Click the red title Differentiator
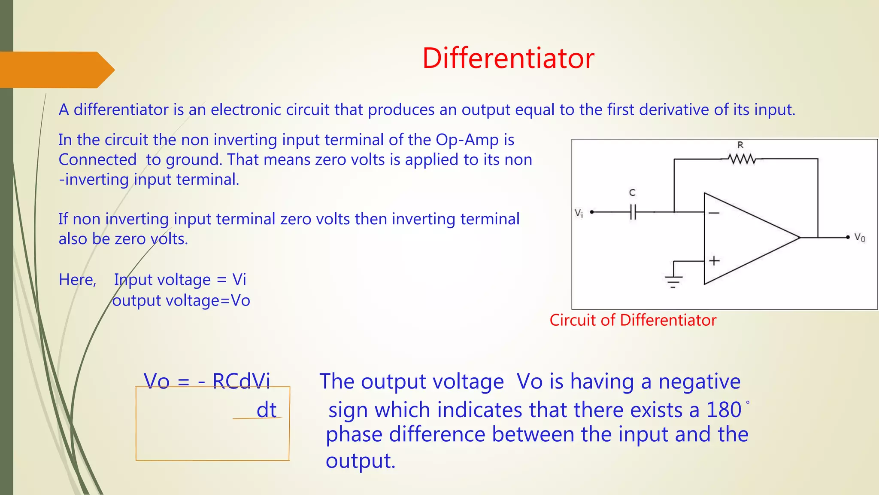[x=508, y=58]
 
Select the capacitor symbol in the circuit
[x=633, y=212]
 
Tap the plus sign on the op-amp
[x=714, y=260]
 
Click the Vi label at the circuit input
[x=579, y=213]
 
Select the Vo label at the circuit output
[x=860, y=238]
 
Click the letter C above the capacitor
[x=632, y=193]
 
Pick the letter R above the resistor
[x=740, y=145]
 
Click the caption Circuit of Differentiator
[x=633, y=320]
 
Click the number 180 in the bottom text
[x=724, y=410]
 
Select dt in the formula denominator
[x=266, y=410]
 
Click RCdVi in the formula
[x=241, y=381]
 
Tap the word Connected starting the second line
[x=97, y=160]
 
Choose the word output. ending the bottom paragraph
[x=360, y=461]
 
